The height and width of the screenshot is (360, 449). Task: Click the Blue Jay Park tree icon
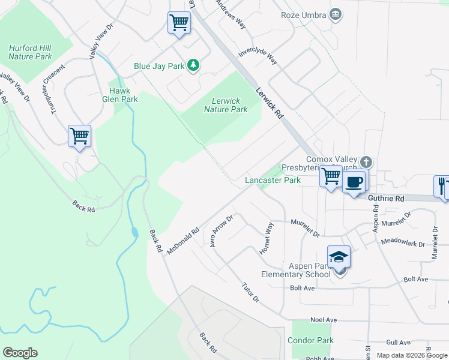(x=193, y=65)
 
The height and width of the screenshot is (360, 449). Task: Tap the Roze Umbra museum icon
(x=336, y=14)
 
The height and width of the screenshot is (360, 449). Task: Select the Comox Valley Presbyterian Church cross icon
(x=366, y=162)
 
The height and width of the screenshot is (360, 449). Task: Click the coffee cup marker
(x=354, y=181)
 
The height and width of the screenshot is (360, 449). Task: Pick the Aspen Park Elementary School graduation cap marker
(x=339, y=257)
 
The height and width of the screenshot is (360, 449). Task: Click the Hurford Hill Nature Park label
(x=30, y=52)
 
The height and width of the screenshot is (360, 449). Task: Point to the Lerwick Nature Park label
(x=226, y=105)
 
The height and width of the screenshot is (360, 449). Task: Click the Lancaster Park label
(x=273, y=180)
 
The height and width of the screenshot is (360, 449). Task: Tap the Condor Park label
(x=310, y=340)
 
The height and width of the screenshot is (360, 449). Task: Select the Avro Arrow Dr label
(x=221, y=231)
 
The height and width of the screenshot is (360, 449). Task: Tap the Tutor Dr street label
(x=250, y=292)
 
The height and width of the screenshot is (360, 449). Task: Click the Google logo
(x=20, y=353)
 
